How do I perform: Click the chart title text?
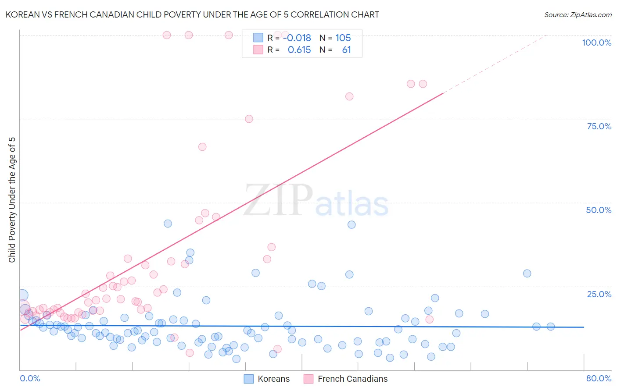click(192, 14)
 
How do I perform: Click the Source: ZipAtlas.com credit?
click(578, 14)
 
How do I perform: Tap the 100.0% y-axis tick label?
click(596, 43)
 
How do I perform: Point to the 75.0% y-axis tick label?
click(599, 126)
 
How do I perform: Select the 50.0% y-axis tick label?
click(599, 210)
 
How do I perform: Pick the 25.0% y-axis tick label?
click(599, 294)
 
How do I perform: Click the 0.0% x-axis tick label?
click(30, 378)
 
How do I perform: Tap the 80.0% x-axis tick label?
click(599, 378)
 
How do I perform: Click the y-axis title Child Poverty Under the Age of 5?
click(12, 200)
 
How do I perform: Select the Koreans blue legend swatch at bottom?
click(249, 379)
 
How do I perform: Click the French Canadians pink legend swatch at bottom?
click(308, 379)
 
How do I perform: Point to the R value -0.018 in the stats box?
click(297, 38)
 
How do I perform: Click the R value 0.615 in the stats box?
click(299, 50)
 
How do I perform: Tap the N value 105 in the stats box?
click(343, 38)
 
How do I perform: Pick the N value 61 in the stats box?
click(346, 50)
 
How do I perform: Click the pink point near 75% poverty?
click(249, 119)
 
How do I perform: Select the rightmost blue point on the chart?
click(550, 327)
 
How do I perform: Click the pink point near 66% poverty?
click(202, 147)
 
